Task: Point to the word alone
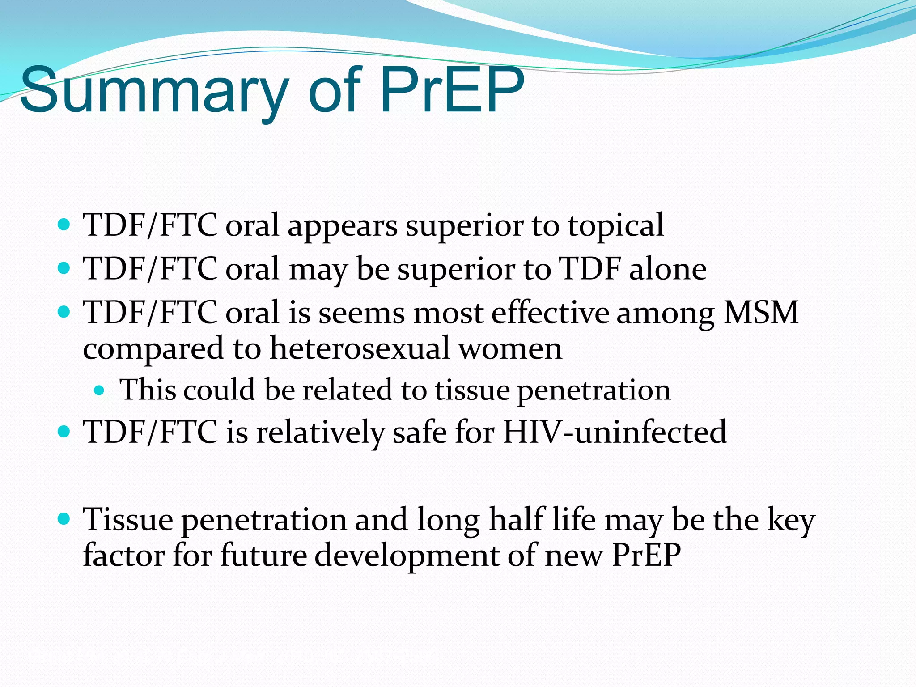[668, 269]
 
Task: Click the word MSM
[761, 312]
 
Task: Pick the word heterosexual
[360, 348]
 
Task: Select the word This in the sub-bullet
[148, 390]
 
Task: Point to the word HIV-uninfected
[615, 432]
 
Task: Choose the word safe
[420, 432]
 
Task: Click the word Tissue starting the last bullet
[128, 520]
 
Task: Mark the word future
[264, 556]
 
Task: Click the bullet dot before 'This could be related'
[99, 390]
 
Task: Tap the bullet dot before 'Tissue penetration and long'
[64, 519]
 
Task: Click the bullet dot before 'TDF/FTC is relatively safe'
[64, 432]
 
